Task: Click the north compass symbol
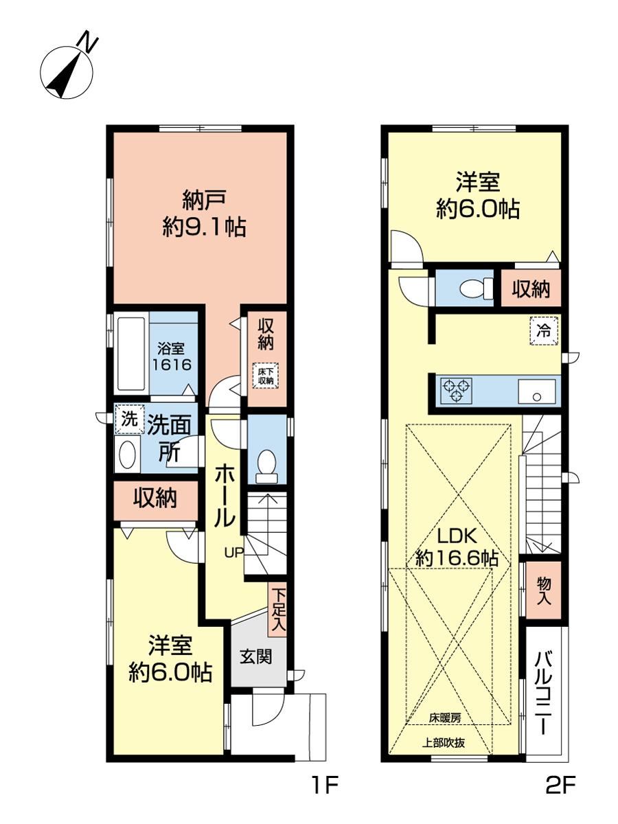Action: (66, 67)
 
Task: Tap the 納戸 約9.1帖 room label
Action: (204, 214)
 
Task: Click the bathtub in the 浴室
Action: (131, 354)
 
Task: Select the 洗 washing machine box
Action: (130, 420)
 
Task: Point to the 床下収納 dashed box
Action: (266, 376)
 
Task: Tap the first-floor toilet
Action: (267, 466)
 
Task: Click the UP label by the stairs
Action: (233, 552)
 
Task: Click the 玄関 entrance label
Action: (255, 656)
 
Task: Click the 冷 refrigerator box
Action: (544, 331)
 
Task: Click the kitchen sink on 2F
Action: (537, 391)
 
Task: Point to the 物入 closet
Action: (543, 591)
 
